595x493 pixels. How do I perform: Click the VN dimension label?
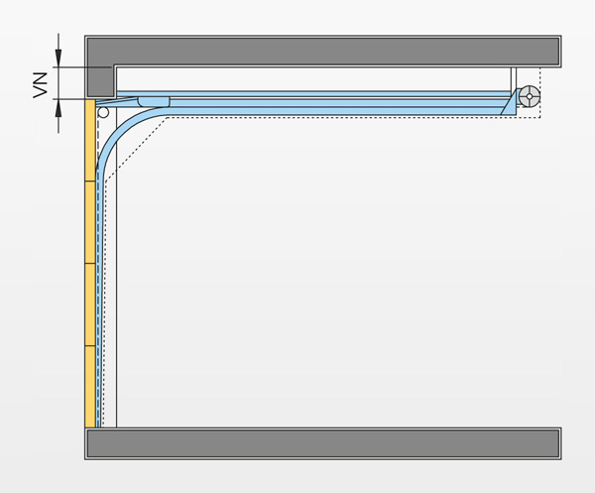41,85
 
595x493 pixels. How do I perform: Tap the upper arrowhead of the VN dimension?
59,58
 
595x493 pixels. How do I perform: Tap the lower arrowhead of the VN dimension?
59,108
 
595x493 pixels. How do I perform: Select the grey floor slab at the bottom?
323,443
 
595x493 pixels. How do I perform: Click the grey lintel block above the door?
100,81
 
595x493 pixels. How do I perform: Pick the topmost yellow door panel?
90,140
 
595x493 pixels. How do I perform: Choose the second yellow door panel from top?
90,222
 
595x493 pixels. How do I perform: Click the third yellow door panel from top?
90,305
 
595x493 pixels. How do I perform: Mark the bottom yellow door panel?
90,387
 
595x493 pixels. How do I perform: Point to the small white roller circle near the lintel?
103,112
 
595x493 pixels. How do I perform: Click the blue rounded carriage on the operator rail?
154,102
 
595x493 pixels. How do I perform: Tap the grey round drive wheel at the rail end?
530,96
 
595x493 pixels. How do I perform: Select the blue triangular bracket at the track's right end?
511,103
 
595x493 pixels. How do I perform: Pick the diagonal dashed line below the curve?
136,150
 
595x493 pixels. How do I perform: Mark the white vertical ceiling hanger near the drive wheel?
514,79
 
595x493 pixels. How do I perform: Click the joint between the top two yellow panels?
90,182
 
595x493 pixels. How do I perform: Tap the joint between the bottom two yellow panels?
90,346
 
